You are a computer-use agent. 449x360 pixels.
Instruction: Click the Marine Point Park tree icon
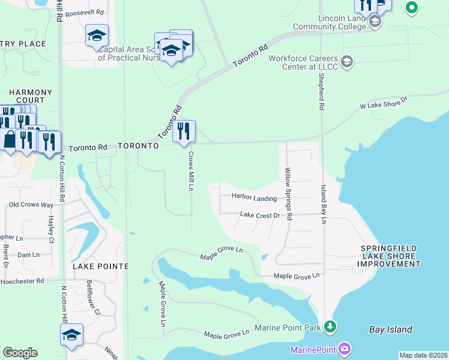[330, 327]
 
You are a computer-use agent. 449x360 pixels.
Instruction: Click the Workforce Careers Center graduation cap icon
[347, 62]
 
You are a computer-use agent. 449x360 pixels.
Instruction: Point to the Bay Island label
[390, 329]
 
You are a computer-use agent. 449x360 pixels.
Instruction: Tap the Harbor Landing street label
[255, 198]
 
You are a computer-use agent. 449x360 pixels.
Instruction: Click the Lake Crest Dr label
[260, 214]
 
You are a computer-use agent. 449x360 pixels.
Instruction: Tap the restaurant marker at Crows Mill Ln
[184, 131]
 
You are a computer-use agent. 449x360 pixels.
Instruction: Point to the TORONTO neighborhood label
[138, 146]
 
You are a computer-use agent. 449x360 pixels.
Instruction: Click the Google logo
[20, 353]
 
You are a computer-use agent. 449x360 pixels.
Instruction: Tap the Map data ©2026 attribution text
[423, 355]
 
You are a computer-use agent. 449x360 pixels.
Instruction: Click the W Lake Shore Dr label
[383, 102]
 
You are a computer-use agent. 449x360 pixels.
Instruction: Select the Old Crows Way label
[31, 205]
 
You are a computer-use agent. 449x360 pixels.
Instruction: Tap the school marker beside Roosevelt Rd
[97, 36]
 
